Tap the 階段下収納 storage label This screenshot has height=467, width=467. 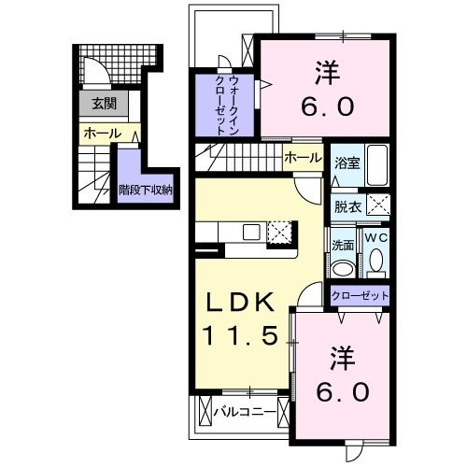[x=145, y=190]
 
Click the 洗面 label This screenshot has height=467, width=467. [x=342, y=246]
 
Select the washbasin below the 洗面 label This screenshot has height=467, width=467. [x=343, y=268]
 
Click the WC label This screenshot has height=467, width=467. [x=375, y=239]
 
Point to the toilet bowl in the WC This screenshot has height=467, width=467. [x=375, y=265]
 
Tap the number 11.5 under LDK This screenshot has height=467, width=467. [x=239, y=334]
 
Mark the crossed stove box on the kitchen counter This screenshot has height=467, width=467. [x=279, y=232]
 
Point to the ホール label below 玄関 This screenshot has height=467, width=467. [x=102, y=134]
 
